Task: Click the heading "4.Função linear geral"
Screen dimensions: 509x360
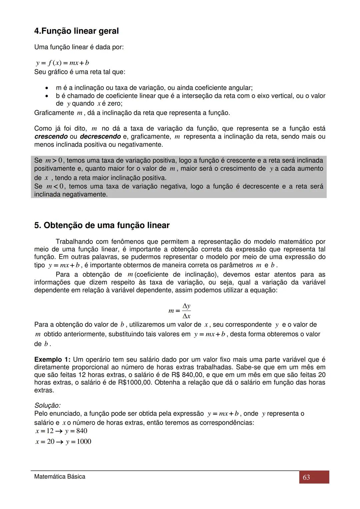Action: click(x=76, y=31)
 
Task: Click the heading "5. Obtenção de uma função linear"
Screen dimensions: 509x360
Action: click(x=102, y=225)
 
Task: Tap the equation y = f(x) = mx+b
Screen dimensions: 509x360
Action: click(x=62, y=63)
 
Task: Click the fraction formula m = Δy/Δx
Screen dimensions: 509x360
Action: click(x=180, y=311)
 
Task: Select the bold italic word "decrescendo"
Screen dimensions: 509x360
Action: click(x=100, y=137)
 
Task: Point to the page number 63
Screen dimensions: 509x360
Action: click(x=306, y=477)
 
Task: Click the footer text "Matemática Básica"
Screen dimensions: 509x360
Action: click(x=60, y=477)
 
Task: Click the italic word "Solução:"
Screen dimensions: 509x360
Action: click(x=47, y=406)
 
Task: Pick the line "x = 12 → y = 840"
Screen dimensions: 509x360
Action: click(x=61, y=431)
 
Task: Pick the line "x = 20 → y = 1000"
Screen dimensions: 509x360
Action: click(x=63, y=442)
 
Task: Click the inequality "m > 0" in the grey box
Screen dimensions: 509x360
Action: click(x=54, y=161)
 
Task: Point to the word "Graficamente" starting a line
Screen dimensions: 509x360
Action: click(x=54, y=113)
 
